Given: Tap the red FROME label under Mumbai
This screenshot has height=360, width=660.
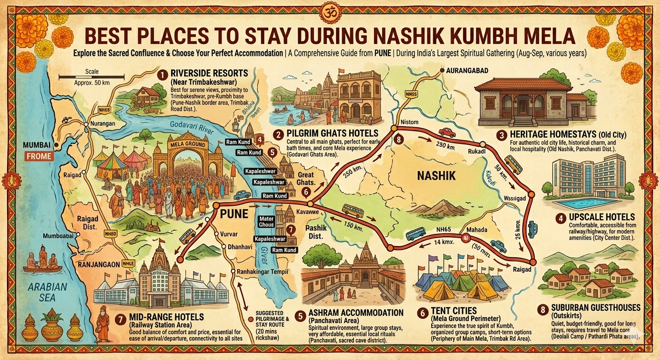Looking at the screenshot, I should (40, 157).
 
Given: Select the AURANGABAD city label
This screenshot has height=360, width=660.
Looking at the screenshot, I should (464, 70).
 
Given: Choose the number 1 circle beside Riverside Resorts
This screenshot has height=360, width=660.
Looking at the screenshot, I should (162, 75).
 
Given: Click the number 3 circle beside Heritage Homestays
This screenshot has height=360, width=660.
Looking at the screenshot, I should (502, 135).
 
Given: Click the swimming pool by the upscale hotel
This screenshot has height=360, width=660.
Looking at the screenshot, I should (587, 203).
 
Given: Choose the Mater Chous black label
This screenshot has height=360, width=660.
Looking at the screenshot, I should (266, 222).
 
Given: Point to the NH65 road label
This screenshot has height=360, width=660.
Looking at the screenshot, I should (442, 229).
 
